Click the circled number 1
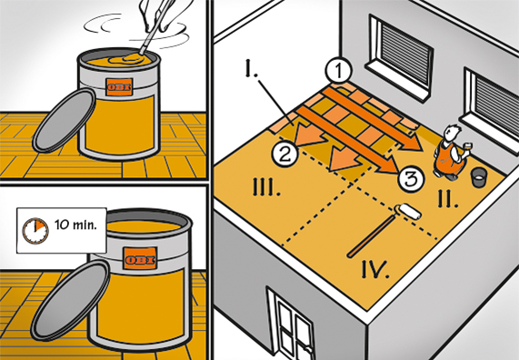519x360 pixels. tap(337, 69)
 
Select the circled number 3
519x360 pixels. tap(411, 180)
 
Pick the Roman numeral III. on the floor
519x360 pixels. tap(266, 190)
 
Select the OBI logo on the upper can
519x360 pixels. tap(119, 87)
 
